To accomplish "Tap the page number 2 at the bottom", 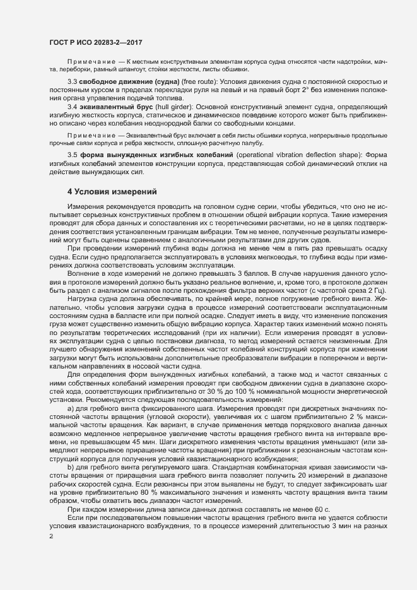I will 50,555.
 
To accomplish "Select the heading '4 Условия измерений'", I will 107,191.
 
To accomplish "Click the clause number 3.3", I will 72,83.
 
